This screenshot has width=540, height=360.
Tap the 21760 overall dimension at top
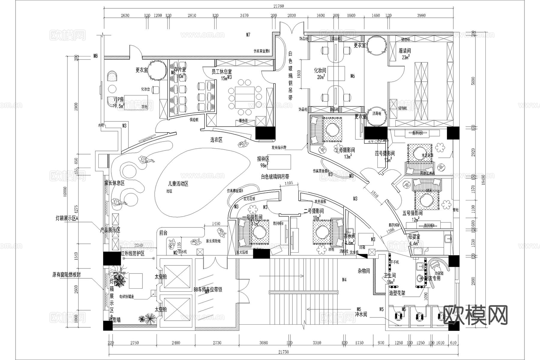(x=278, y=6)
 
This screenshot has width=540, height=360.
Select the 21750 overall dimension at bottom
(x=283, y=352)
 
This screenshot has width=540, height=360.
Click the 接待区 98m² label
(x=263, y=161)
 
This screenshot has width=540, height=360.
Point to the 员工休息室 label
(x=222, y=72)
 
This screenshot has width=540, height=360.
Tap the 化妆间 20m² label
(x=320, y=73)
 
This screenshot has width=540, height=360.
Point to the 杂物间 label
(x=364, y=271)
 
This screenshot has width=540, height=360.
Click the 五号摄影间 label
(x=412, y=213)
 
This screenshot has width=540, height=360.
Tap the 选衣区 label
(x=216, y=140)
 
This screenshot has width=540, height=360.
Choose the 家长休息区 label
(x=114, y=183)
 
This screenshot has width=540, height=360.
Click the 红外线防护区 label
(x=132, y=253)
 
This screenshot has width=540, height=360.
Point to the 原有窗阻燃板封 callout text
(x=66, y=274)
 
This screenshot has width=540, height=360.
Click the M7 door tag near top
(x=248, y=35)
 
